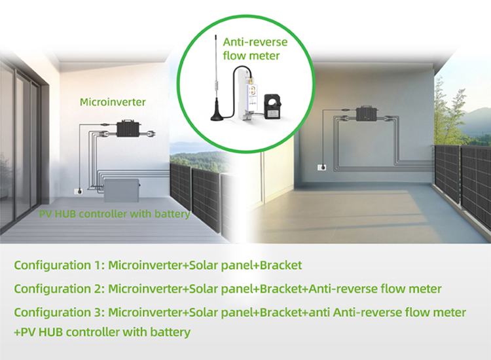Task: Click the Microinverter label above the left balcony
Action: [x=113, y=102]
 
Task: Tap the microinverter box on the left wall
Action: [x=129, y=128]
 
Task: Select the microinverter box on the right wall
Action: [x=367, y=115]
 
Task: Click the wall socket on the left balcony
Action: [x=79, y=191]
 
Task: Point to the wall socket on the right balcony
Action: [x=322, y=168]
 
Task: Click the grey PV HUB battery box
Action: [x=122, y=190]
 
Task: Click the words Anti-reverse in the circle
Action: [x=255, y=43]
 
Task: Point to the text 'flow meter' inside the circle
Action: [x=251, y=56]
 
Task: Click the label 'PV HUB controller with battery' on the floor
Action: [x=115, y=214]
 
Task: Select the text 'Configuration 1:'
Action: [x=59, y=265]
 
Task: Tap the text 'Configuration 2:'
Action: [x=59, y=289]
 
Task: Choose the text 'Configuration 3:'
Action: [x=59, y=312]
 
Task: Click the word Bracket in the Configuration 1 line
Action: [x=281, y=265]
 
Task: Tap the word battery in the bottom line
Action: [x=170, y=332]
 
